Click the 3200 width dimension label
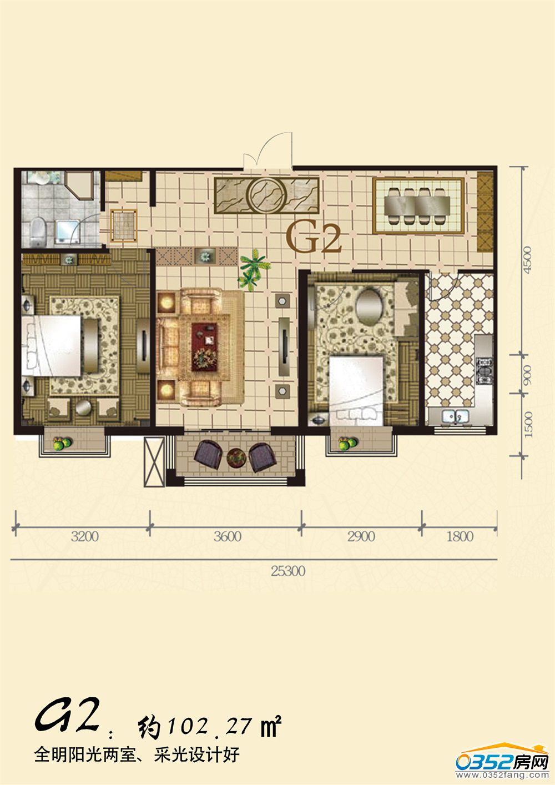(85, 536)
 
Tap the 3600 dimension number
(228, 536)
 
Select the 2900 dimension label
(361, 536)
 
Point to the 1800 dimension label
(460, 536)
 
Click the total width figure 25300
(288, 571)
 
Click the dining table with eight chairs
(417, 206)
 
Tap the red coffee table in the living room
(204, 347)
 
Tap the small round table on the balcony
(236, 457)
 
